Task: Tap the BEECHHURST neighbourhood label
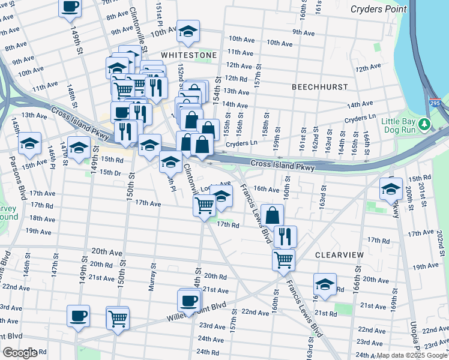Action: [319, 87]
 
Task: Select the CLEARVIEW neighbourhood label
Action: [339, 255]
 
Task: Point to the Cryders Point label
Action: [379, 9]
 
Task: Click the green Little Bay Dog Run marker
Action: [425, 124]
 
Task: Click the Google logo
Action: [19, 353]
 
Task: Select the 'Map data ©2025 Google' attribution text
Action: [412, 356]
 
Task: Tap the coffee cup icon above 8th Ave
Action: [70, 7]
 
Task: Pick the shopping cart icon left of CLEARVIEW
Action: [283, 260]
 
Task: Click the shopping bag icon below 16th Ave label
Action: [272, 215]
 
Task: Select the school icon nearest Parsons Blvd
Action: [29, 143]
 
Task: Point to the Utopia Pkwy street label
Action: [415, 327]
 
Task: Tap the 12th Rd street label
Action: [237, 79]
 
